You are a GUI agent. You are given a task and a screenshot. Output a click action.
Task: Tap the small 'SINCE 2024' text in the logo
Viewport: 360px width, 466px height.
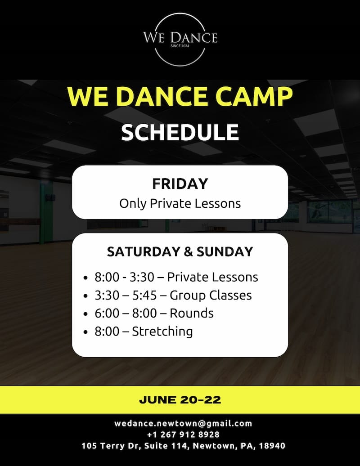180,46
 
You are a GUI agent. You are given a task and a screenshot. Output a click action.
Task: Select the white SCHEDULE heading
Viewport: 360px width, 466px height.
180,132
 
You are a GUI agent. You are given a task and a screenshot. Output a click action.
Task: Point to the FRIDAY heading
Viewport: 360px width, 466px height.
180,184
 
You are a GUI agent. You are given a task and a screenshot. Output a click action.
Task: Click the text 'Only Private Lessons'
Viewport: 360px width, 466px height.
180,204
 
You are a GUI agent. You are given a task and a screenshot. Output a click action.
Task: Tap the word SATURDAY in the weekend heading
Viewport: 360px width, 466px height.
143,252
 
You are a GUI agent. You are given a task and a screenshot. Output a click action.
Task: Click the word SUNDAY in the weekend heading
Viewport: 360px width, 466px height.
225,252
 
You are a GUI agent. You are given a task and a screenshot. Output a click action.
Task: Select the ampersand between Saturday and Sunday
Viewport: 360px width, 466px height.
188,252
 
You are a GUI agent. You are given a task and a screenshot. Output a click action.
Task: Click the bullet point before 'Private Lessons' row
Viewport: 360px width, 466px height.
85,278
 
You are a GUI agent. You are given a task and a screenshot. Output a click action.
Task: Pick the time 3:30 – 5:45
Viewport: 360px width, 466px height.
126,295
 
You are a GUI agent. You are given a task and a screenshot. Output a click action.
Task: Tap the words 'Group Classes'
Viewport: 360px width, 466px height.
211,296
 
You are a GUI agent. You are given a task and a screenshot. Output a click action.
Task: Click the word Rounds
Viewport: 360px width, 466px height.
191,313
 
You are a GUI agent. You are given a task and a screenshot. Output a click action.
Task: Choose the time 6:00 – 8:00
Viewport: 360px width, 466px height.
126,313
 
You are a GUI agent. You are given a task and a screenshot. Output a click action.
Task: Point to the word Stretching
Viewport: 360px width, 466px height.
162,332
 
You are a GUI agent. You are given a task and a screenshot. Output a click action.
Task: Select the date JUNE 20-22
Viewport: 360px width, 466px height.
180,400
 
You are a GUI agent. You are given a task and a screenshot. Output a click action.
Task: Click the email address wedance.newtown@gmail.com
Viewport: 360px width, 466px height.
183,424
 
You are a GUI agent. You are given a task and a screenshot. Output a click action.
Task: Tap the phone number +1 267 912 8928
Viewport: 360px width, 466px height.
183,435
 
